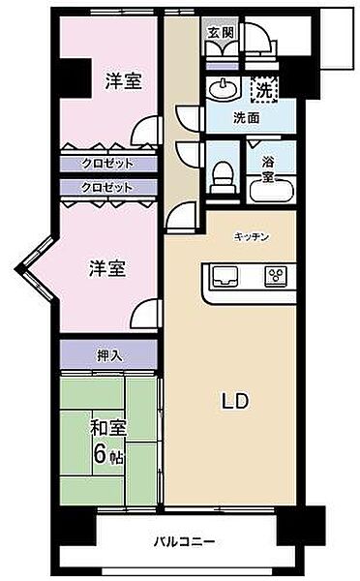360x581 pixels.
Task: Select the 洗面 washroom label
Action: coord(247,119)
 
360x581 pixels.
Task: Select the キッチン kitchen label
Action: coord(251,236)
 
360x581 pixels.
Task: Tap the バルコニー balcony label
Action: coord(184,541)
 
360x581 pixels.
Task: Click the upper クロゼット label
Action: coord(106,163)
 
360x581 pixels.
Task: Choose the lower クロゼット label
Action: coord(106,187)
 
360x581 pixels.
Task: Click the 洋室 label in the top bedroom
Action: coord(123,81)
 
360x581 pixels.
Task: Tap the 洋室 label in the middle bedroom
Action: coord(108,268)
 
